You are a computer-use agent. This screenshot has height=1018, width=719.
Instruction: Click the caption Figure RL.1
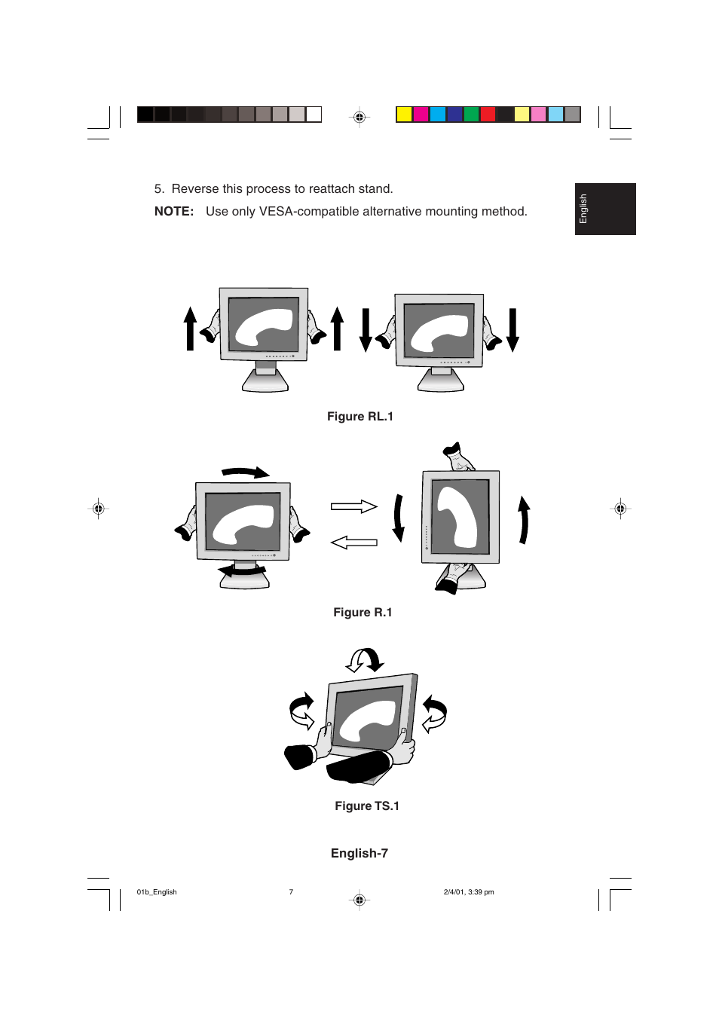tap(359, 417)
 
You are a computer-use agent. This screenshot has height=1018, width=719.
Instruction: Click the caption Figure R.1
tap(363, 613)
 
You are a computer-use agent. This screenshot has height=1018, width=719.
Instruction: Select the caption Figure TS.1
tap(367, 806)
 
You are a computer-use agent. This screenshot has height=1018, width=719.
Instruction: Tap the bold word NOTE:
tap(174, 212)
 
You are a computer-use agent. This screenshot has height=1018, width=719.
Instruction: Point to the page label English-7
tap(359, 854)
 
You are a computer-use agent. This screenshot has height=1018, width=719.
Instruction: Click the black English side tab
tap(604, 209)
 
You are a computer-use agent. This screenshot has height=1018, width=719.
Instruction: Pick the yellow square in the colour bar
tap(404, 115)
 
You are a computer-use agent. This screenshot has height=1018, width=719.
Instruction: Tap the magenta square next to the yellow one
tap(421, 115)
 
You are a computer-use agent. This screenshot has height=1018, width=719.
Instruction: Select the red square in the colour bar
tap(488, 115)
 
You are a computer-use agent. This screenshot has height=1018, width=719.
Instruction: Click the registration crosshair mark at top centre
tap(359, 117)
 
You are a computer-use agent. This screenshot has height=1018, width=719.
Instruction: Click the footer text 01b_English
tap(157, 892)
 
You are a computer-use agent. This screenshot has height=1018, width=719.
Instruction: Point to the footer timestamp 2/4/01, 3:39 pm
tap(469, 892)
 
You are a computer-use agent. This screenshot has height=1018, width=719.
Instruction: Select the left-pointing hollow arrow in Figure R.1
tap(353, 542)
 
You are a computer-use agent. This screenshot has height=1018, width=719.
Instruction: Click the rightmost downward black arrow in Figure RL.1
tap(512, 330)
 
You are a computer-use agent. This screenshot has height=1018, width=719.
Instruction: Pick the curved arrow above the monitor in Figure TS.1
tap(366, 660)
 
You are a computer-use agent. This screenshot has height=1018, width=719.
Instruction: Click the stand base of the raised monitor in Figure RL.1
tap(265, 383)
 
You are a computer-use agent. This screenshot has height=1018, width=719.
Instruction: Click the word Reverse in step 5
tap(195, 189)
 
